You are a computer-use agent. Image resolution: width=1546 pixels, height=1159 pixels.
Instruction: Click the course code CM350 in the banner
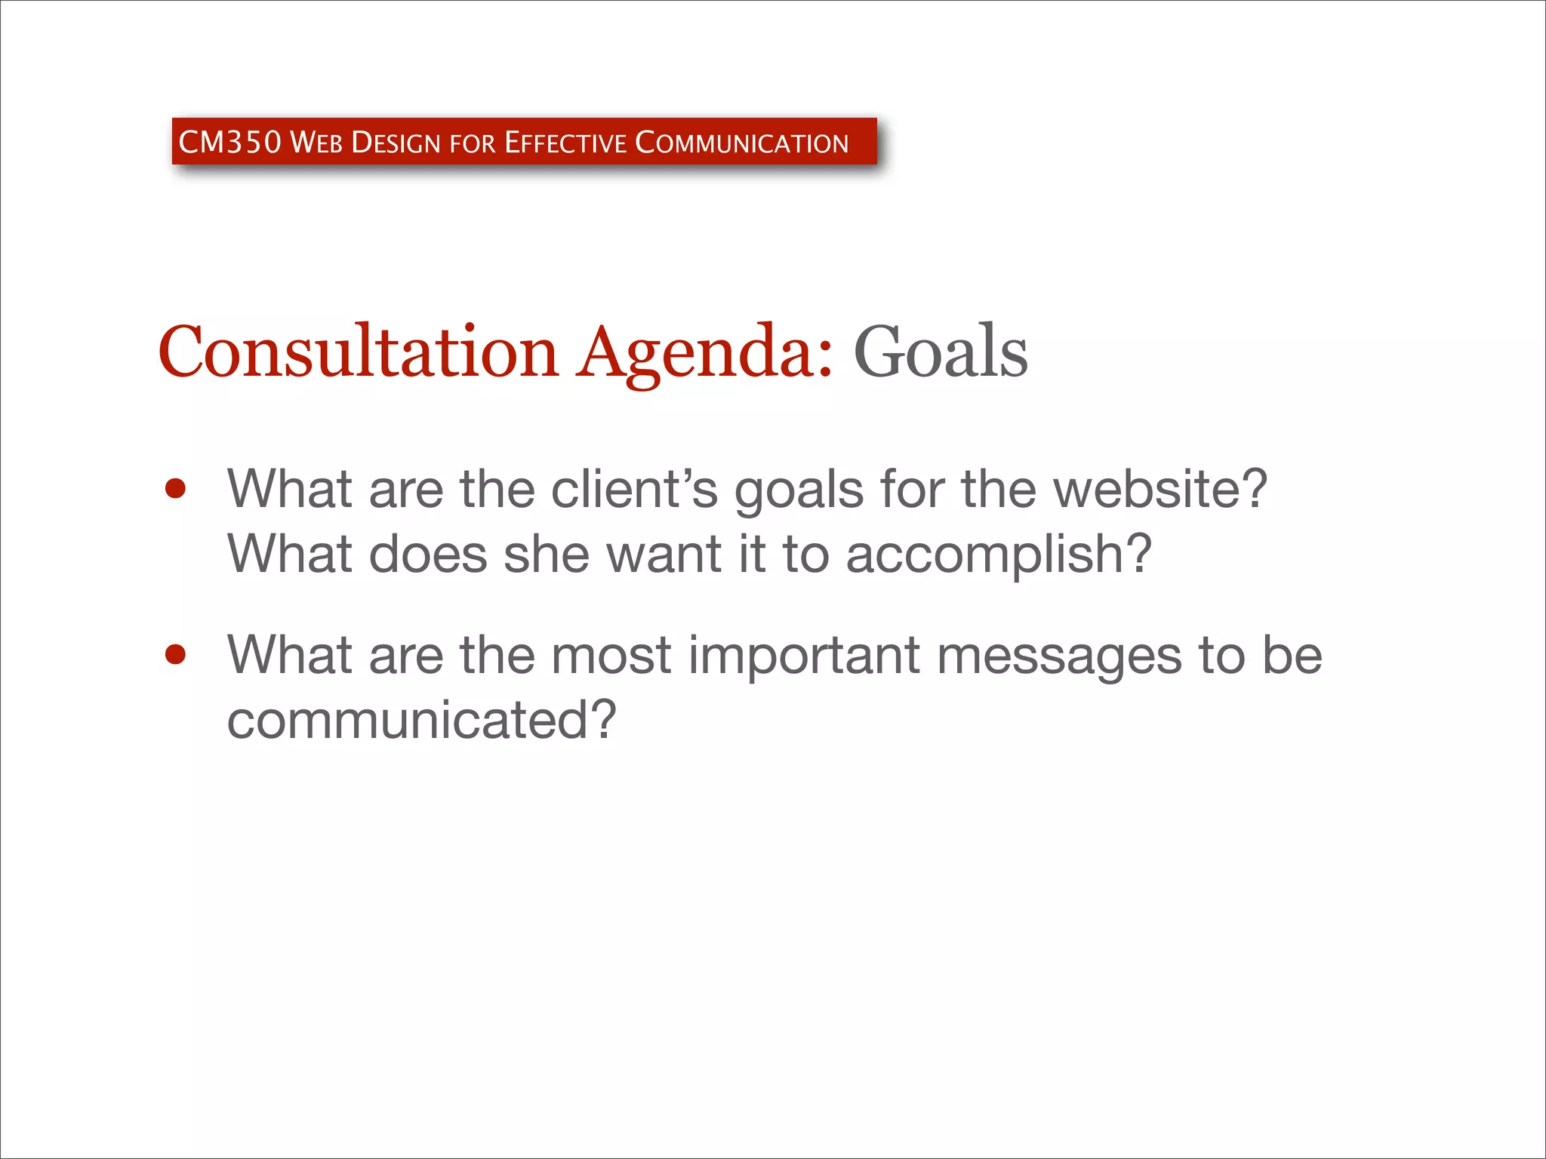point(229,142)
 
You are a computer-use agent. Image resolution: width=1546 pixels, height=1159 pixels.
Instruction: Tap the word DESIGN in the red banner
point(396,143)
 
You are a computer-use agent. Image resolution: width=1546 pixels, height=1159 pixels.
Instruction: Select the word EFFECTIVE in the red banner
point(565,143)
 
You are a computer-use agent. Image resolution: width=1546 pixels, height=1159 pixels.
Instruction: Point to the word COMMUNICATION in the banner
point(742,143)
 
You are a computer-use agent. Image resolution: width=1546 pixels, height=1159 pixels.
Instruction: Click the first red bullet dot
point(175,489)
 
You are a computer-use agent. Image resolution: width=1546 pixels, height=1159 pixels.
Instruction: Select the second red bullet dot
point(175,654)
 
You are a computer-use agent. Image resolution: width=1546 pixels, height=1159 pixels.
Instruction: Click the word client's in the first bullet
point(634,489)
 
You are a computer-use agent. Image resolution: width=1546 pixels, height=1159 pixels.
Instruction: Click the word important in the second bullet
point(804,654)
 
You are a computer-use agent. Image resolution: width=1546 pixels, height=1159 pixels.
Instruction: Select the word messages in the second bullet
point(1059,654)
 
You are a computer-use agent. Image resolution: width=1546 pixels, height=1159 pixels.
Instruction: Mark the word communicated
point(421,719)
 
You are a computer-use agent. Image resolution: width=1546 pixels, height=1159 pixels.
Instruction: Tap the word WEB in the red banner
point(316,143)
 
